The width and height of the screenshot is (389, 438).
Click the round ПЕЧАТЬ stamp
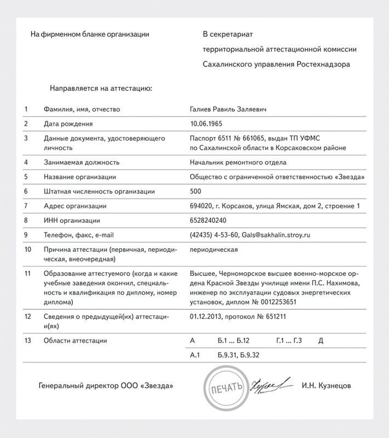coord(225,387)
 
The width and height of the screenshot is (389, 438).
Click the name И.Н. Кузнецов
coord(327,386)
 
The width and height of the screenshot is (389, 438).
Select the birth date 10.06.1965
coord(206,124)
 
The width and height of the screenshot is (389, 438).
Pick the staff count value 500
coord(195,192)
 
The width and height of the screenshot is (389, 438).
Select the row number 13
coord(27,341)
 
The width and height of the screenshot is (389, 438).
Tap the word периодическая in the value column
coord(213,250)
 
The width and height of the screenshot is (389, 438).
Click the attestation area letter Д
coord(321,341)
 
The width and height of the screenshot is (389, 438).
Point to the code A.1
coord(194,355)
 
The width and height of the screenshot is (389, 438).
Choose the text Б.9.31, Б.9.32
coord(238,355)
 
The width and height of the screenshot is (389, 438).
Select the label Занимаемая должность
coord(81,163)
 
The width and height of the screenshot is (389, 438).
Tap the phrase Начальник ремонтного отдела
coord(238,163)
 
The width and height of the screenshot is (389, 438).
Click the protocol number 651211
coord(276,316)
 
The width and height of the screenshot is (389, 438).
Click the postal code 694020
coord(201,206)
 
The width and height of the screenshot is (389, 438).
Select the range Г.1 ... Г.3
coord(289,341)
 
